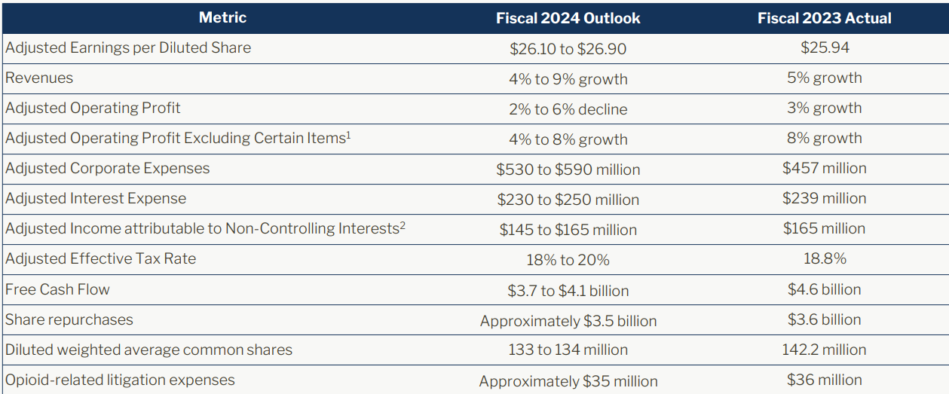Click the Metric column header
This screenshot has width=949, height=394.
222,17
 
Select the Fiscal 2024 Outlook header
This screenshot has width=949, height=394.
568,18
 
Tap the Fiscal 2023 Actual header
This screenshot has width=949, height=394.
824,18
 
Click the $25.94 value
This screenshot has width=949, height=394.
824,48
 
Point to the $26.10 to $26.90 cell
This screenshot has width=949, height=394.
568,49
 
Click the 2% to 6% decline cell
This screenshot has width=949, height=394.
568,109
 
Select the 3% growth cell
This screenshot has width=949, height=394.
824,108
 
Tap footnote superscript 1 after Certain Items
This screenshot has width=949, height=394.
348,135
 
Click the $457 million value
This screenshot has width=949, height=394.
824,169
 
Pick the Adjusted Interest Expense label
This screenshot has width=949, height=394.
96,199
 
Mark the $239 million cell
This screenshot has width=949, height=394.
824,199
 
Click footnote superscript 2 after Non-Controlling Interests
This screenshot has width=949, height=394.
403,225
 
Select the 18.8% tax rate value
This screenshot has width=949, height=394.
824,259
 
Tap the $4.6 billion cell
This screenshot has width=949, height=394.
824,289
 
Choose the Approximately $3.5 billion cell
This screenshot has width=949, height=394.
568,321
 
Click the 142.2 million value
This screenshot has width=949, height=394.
824,350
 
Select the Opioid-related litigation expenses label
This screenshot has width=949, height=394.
120,380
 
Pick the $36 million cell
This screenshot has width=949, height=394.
824,380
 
